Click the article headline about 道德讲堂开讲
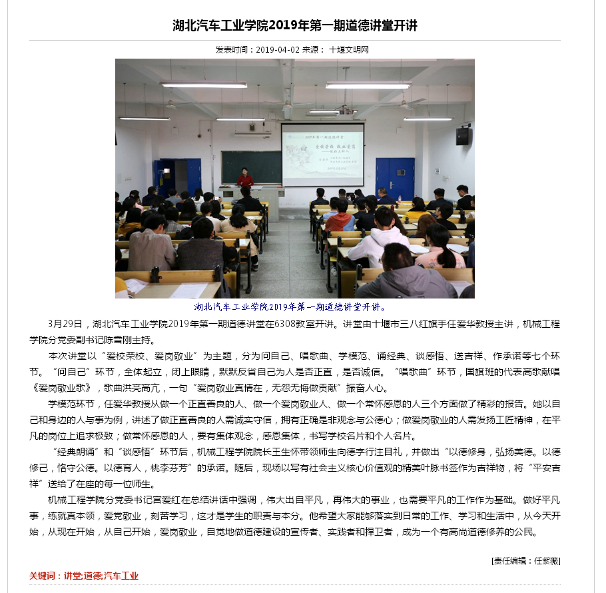coord(294,26)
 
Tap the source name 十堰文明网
coord(348,50)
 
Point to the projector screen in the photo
coord(322,155)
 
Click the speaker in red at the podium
coord(244,177)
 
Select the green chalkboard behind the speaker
coord(251,167)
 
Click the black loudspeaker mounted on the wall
coord(462,136)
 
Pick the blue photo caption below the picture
coord(290,307)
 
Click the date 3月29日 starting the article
coord(65,324)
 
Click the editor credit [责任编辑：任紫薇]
coord(525,560)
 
